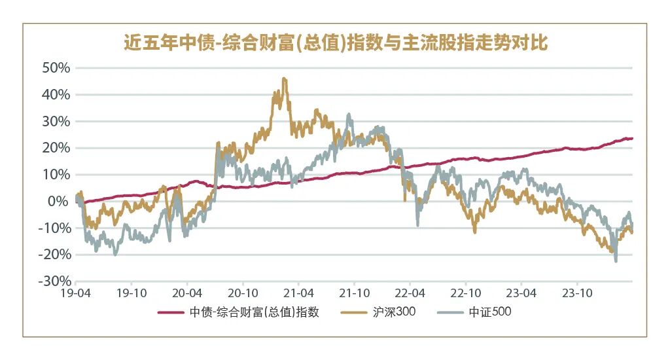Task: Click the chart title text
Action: tap(335, 44)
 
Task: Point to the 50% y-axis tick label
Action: tap(56, 67)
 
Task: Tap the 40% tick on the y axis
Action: tap(56, 94)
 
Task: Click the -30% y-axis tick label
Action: tap(54, 281)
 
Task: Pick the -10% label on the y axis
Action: tap(54, 228)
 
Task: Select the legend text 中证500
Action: tap(489, 312)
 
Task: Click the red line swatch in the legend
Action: tap(171, 312)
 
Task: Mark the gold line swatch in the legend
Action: tap(354, 312)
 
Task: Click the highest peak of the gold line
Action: tap(283, 78)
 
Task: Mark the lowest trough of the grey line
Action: tap(616, 261)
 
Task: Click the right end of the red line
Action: tap(632, 138)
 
